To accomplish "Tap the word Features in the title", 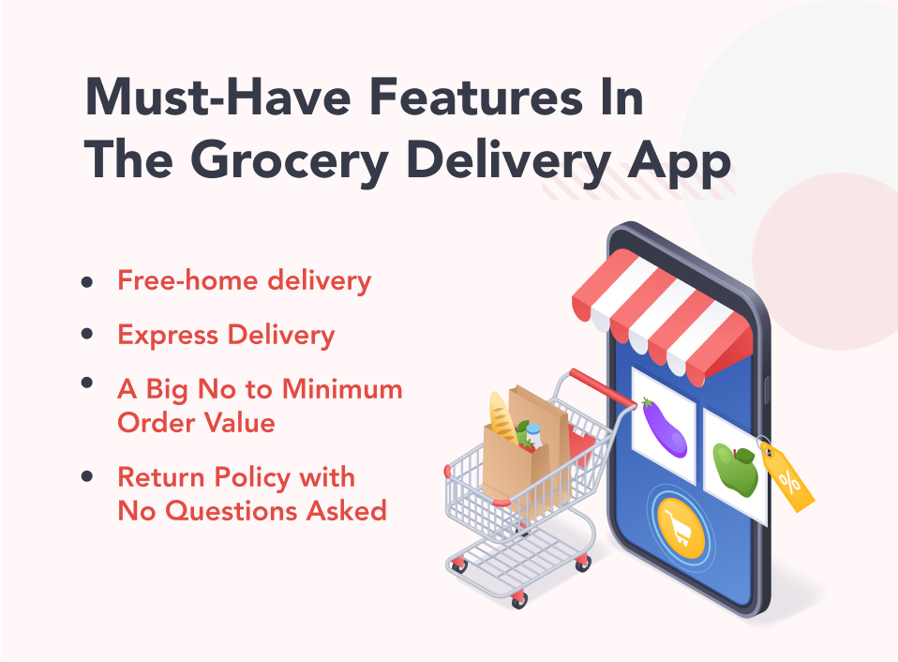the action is [476, 98].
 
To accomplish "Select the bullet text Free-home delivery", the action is [245, 281].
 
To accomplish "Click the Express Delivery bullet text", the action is [226, 335].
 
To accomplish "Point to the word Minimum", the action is [342, 389].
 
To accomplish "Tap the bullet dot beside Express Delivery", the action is [87, 334].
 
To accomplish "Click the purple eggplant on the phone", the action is [665, 428].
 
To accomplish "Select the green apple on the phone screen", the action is [735, 470].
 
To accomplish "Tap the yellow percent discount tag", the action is [786, 477].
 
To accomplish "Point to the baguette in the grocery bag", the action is [502, 418].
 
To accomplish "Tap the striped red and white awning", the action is [662, 316].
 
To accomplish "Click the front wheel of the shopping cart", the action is [519, 599].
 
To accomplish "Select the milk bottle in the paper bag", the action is [533, 435].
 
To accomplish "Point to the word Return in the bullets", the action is [161, 477].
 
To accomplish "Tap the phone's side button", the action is [767, 389].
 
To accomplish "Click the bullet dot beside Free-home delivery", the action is [87, 281].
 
